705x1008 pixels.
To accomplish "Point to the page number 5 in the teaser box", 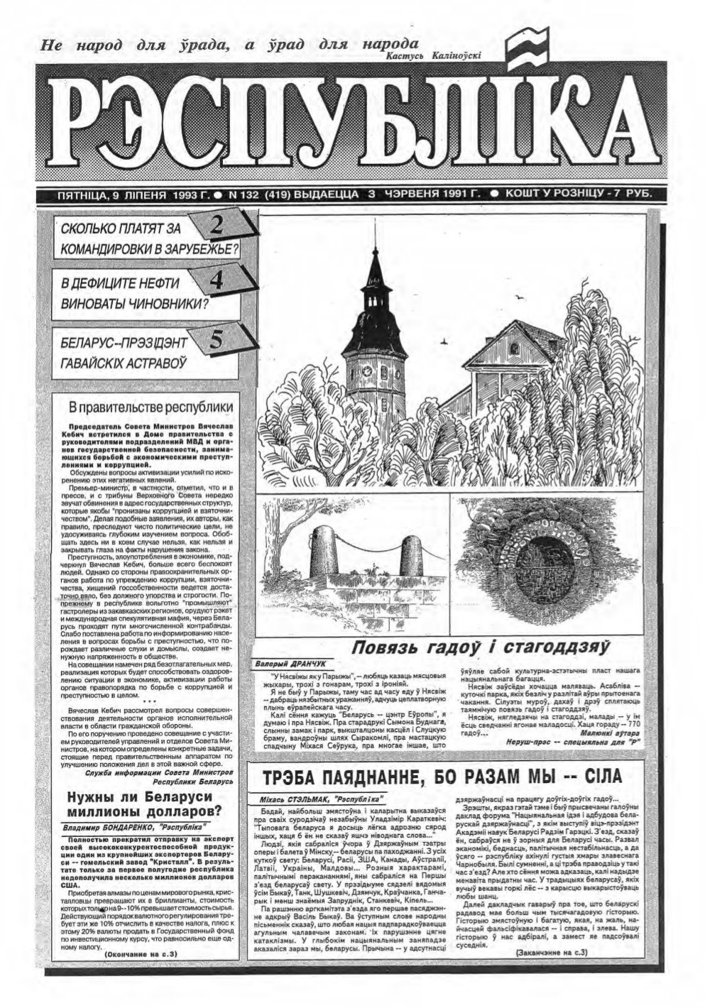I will click(218, 339).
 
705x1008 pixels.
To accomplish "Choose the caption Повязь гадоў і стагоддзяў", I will click(481, 647).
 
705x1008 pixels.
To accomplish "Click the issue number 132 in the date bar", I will click(249, 193).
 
